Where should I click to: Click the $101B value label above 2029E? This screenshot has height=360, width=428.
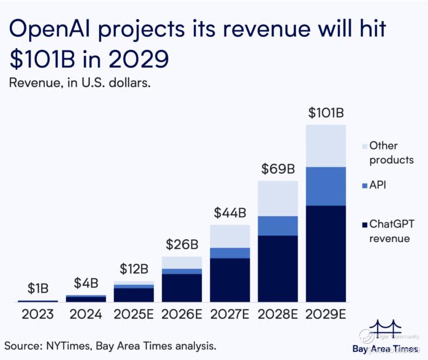[326, 114]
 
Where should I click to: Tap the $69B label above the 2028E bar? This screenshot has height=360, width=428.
[277, 169]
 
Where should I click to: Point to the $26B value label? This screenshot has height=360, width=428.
[182, 245]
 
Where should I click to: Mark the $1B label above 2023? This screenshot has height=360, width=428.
[37, 289]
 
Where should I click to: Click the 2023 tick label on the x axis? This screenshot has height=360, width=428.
[37, 315]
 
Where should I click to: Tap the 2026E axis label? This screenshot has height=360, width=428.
[182, 315]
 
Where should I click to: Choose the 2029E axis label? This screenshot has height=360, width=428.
[326, 315]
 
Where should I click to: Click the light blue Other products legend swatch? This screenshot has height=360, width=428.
[364, 146]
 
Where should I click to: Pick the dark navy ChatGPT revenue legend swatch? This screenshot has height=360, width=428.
[364, 224]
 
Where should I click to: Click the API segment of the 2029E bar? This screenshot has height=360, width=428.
[326, 186]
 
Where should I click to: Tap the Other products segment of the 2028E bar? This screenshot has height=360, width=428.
[278, 198]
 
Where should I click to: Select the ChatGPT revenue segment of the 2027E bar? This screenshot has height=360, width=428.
[229, 280]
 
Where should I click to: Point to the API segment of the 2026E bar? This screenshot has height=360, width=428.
[182, 271]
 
